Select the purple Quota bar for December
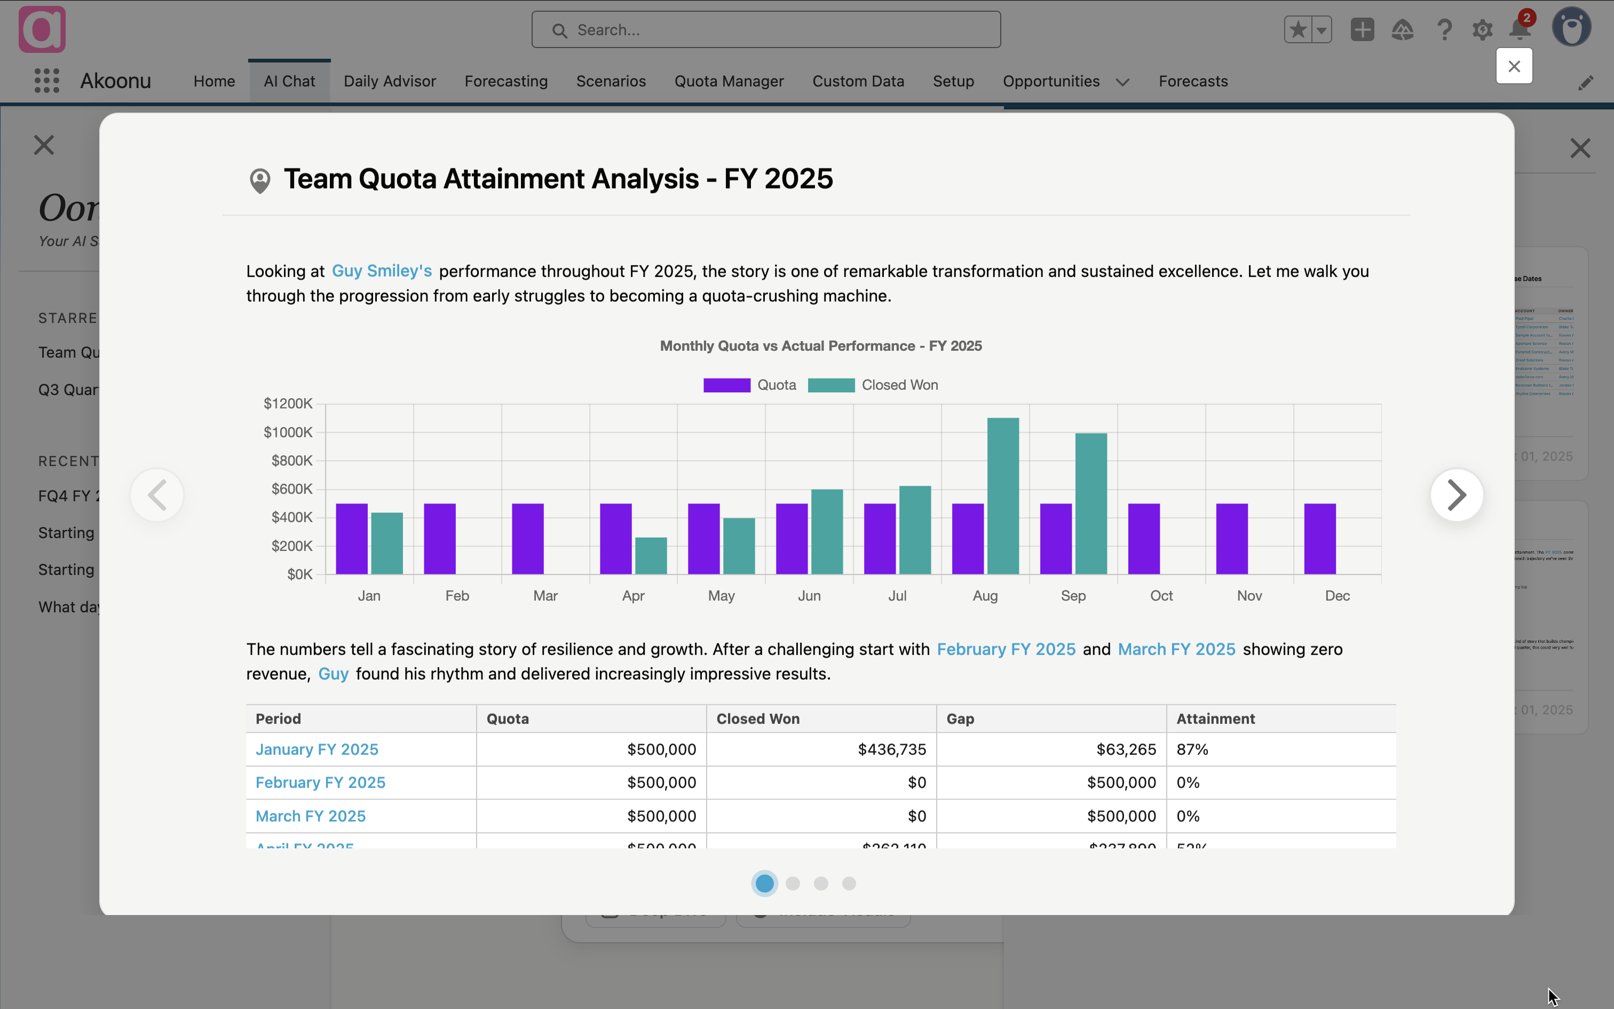pos(1319,539)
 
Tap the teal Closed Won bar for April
pos(650,555)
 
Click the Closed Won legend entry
pos(873,385)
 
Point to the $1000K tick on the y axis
pos(288,432)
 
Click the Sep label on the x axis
pos(1072,595)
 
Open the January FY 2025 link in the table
pos(317,750)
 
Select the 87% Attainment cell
pos(1192,750)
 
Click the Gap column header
pos(960,719)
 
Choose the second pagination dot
pos(793,884)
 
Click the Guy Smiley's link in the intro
pos(382,271)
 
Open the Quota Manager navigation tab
pos(729,81)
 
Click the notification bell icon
pos(1520,30)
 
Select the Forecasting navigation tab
pos(505,81)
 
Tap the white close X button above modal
pos(1513,66)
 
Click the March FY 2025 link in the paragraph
pos(1176,649)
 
